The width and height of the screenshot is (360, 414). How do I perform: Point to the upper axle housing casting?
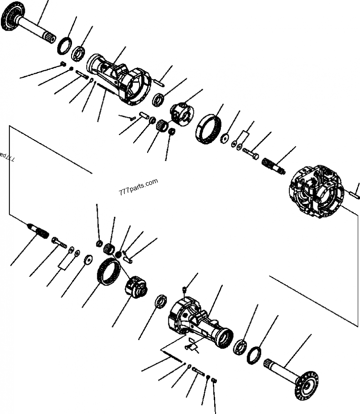pos(119,79)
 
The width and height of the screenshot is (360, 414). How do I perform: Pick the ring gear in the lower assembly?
pos(109,272)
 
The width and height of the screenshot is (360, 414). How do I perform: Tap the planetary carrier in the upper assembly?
pos(182,112)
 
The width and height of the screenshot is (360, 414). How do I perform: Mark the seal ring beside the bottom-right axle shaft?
pos(255,354)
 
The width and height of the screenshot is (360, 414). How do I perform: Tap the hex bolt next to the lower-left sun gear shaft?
pos(59,243)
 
